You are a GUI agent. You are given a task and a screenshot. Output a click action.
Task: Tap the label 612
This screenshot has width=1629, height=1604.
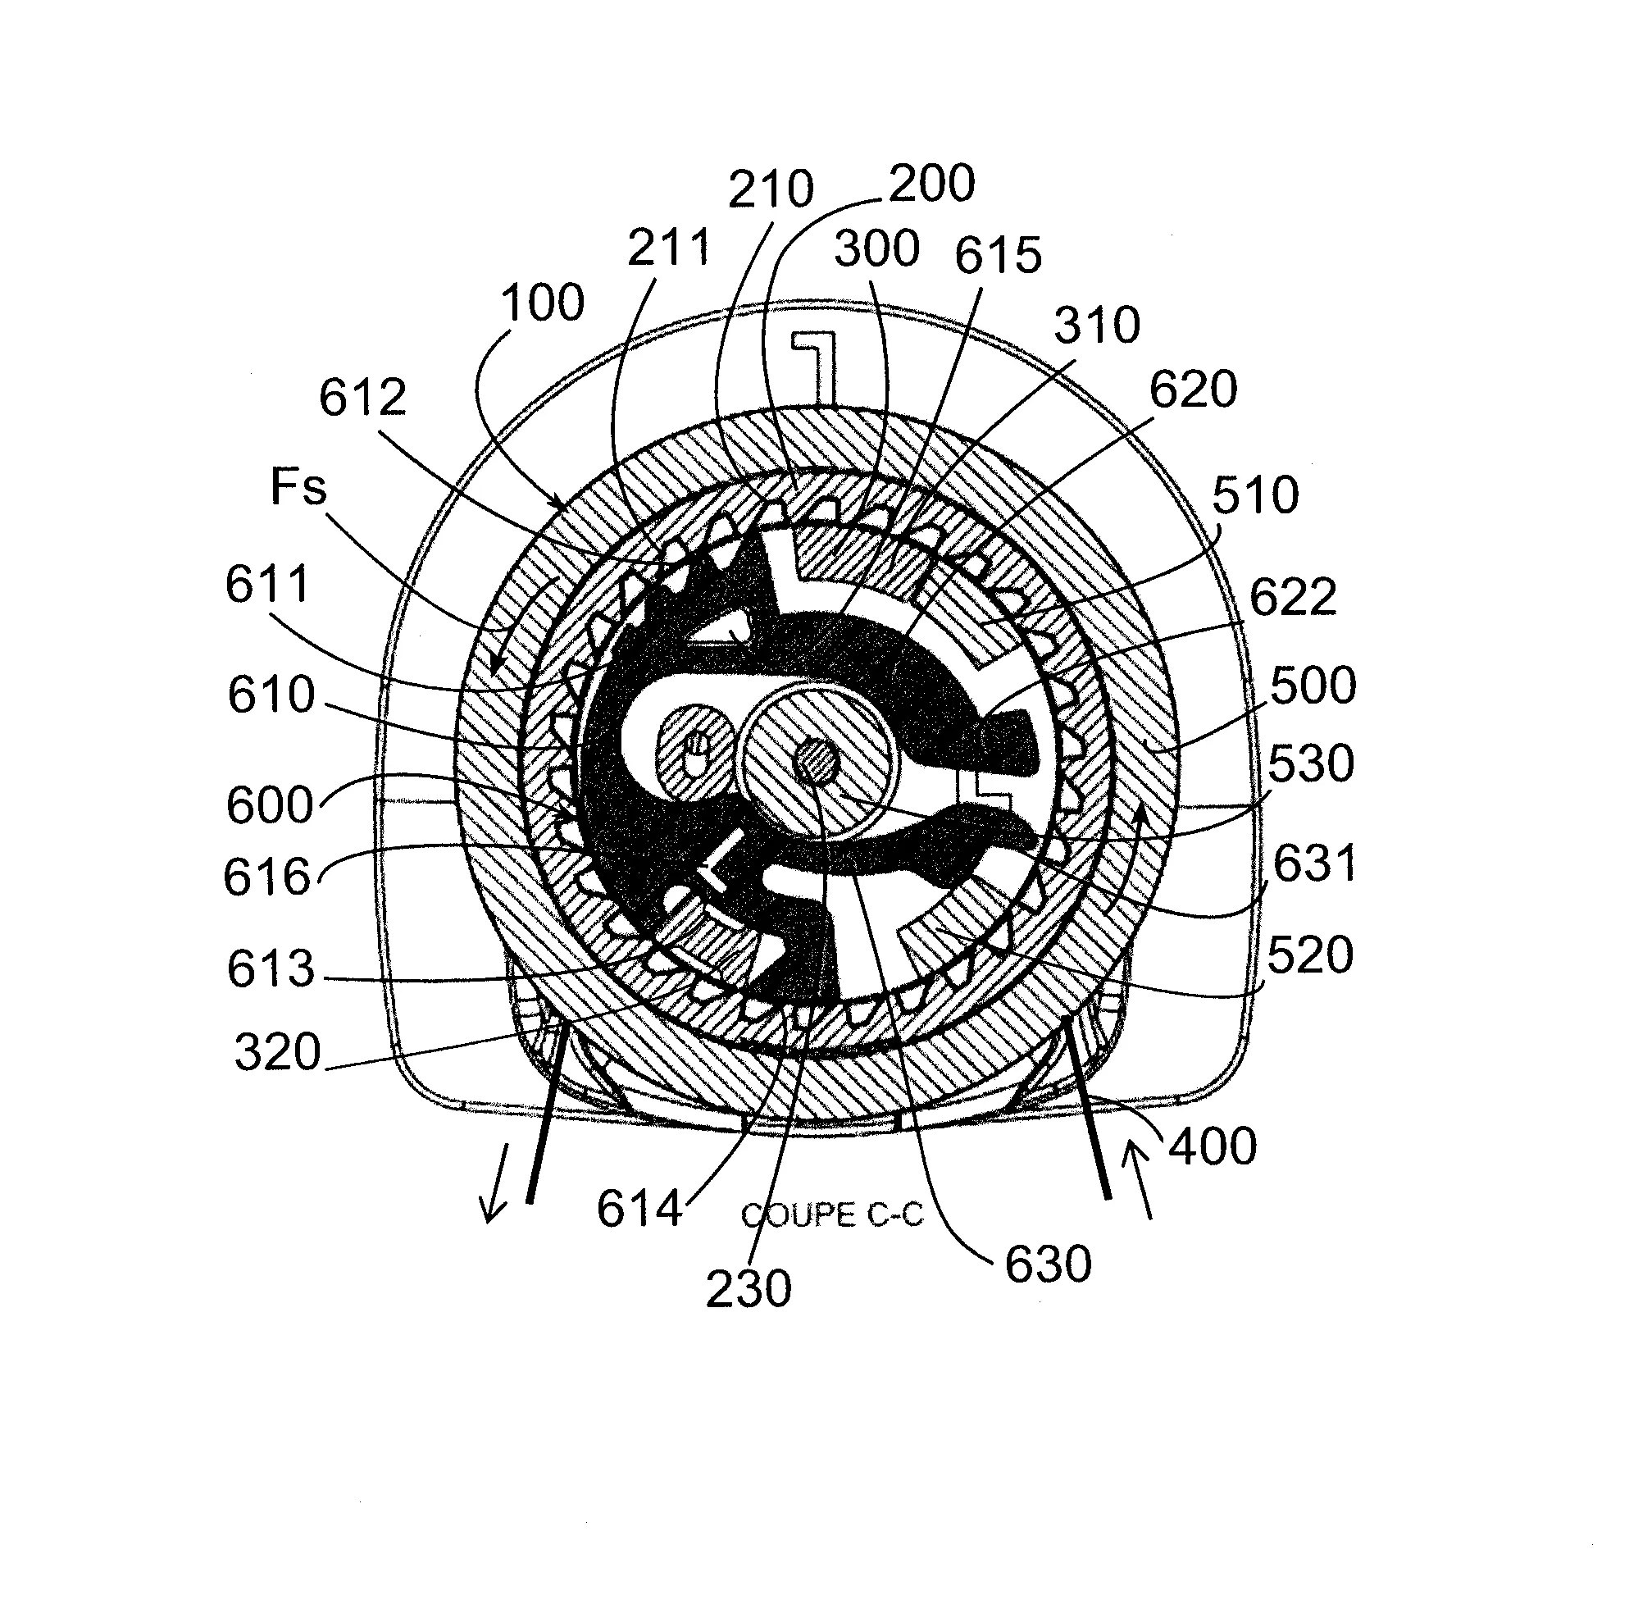point(362,397)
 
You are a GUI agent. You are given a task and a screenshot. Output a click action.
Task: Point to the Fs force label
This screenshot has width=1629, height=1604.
point(298,487)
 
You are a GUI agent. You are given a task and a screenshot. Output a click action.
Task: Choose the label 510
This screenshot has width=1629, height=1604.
point(1255,494)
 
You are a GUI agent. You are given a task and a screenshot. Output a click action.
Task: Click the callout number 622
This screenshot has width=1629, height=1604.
point(1292,597)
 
